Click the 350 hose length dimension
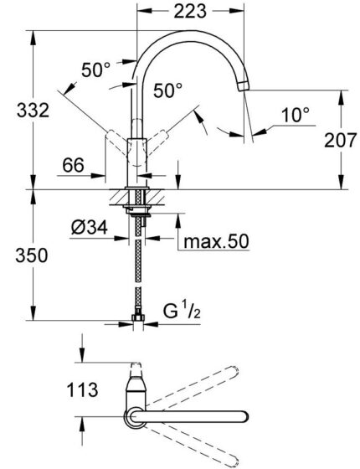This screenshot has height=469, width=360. point(18,254)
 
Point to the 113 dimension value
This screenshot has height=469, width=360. point(85,389)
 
